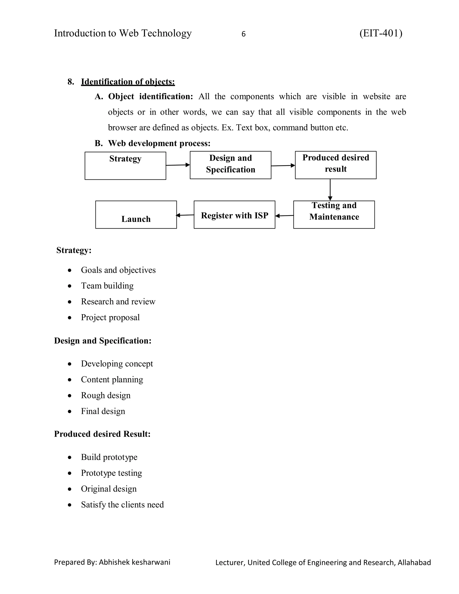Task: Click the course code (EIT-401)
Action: [x=381, y=33]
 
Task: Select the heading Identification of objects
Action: [x=128, y=82]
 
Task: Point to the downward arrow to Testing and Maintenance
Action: [x=330, y=190]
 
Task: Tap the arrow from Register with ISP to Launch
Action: [x=185, y=215]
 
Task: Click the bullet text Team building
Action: [x=107, y=286]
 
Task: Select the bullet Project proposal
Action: [x=110, y=317]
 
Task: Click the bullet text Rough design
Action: [x=106, y=395]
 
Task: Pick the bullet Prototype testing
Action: [x=111, y=473]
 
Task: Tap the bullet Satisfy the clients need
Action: [x=122, y=505]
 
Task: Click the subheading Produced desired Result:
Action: [x=102, y=434]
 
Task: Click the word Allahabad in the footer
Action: [x=414, y=562]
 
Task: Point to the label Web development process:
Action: [x=159, y=143]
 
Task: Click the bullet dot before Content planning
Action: [x=70, y=380]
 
